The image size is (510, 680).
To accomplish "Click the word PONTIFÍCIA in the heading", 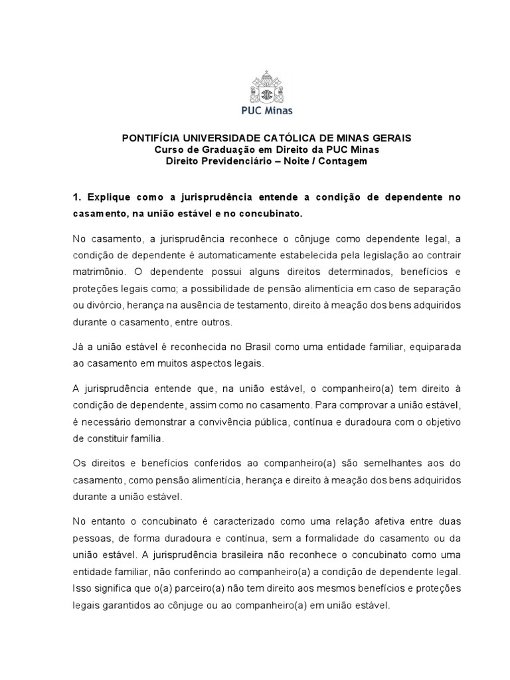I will tap(148, 138).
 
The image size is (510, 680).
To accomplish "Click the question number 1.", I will tap(76, 197).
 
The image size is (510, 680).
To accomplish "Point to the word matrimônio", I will tap(98, 273).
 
